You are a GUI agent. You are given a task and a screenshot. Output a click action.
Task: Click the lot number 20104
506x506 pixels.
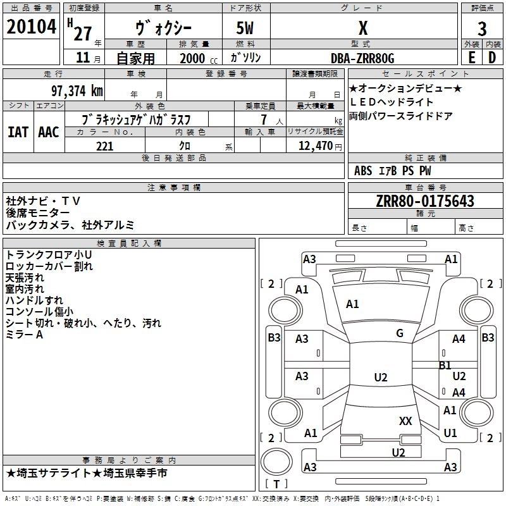coord(32,28)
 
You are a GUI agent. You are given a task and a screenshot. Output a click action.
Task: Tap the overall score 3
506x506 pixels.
coord(482,28)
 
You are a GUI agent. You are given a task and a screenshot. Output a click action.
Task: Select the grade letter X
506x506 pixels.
coord(362,28)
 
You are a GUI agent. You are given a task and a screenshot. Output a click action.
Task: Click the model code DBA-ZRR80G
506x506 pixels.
coord(362,58)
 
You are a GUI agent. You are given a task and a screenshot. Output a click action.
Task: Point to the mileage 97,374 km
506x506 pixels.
coord(77,91)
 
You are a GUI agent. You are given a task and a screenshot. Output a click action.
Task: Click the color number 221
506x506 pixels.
coord(104,146)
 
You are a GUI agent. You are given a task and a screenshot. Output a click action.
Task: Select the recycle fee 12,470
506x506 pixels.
coord(315,146)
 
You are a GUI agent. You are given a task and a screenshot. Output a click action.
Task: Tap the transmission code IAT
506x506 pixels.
coord(18,132)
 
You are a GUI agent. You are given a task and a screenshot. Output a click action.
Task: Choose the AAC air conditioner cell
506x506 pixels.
coord(49,132)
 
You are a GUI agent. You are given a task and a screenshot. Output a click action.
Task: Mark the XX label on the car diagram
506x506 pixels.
coord(405,421)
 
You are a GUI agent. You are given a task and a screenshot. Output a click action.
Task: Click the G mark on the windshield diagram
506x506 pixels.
coord(399,333)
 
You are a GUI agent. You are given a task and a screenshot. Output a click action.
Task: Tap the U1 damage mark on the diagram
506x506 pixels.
coord(450,433)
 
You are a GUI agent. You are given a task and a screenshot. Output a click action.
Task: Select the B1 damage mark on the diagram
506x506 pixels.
coord(445,366)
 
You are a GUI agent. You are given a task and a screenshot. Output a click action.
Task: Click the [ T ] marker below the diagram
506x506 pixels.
coord(276,484)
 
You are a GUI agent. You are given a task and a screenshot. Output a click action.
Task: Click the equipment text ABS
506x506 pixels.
coord(363,171)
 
